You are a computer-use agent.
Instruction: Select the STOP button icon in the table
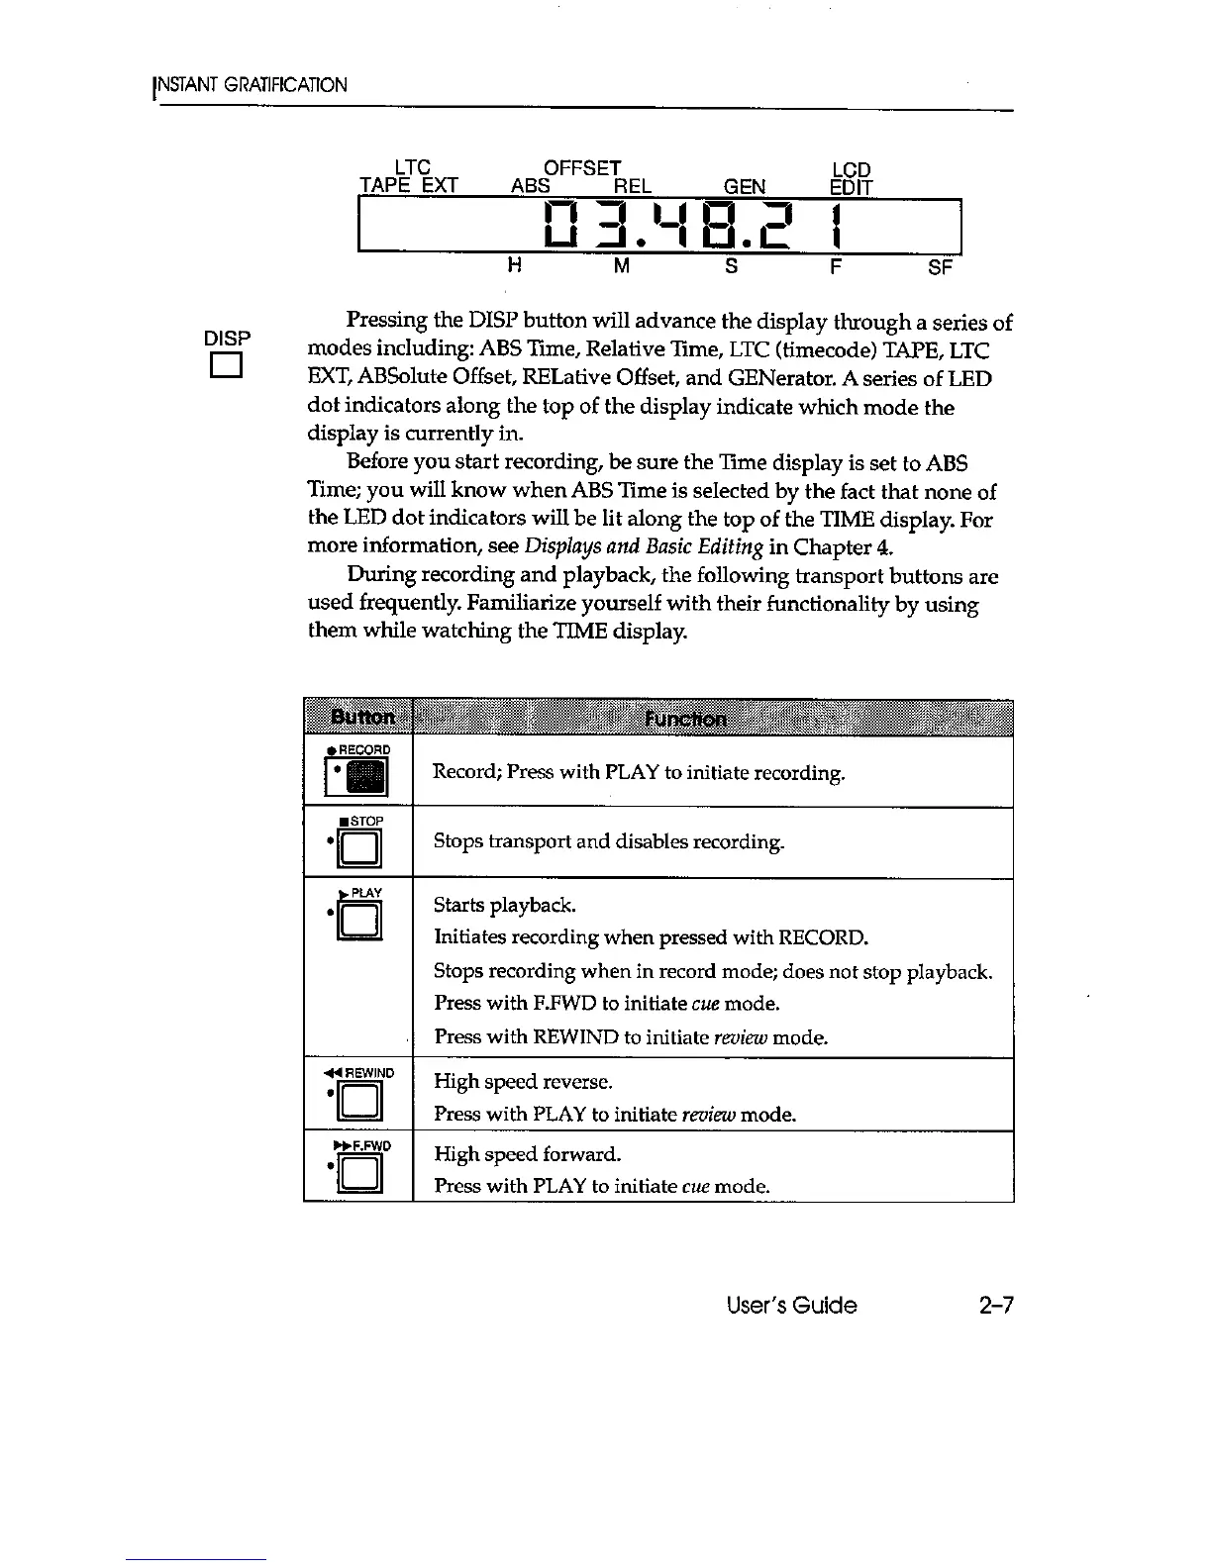point(359,846)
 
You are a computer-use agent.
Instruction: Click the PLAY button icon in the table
point(359,920)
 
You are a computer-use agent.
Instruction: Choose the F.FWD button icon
point(360,1173)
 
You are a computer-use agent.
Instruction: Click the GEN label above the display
point(744,187)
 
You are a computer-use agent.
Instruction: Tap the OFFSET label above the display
point(583,168)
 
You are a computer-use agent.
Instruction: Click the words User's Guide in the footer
point(790,1305)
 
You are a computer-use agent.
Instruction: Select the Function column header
point(684,718)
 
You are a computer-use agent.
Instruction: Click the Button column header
point(358,718)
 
